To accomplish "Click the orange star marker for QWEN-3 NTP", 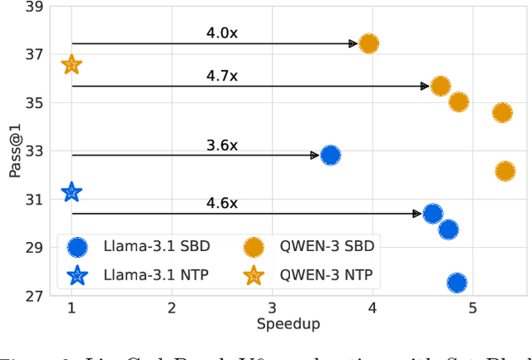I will tap(71, 64).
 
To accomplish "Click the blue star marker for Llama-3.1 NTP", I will tap(71, 192).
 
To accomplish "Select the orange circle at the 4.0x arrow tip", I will tap(368, 43).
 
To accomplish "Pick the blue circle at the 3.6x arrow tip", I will tap(330, 155).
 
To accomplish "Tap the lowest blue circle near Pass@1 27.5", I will tap(456, 283).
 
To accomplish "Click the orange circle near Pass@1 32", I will tap(505, 171).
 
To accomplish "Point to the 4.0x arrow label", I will tap(222, 33).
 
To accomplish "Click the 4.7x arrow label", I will tap(222, 76).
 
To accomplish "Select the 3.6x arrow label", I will tap(222, 145).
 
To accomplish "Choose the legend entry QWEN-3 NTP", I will tap(326, 275).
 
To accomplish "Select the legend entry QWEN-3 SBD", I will tap(326, 246).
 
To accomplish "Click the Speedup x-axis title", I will tap(288, 325).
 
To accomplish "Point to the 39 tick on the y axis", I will tap(34, 7).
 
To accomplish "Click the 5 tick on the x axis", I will tap(472, 308).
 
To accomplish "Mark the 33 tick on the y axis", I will tap(34, 151).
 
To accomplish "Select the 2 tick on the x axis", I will tap(171, 308).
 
